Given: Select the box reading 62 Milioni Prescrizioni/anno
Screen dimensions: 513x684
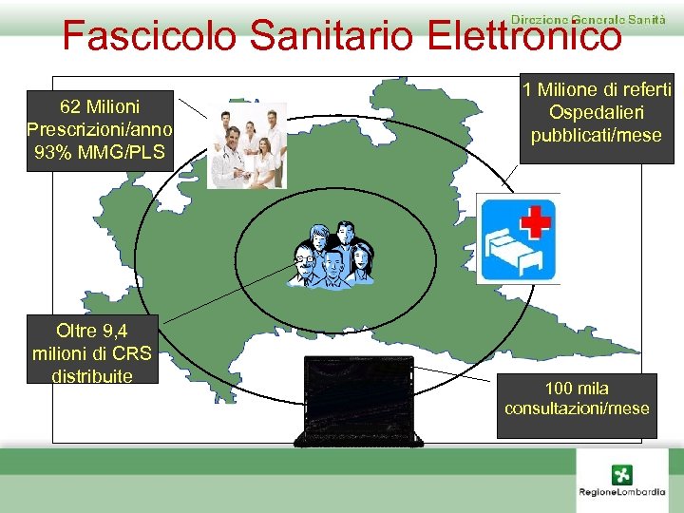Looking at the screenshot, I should pos(99,130).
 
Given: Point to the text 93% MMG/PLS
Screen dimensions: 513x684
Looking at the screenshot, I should pos(99,153).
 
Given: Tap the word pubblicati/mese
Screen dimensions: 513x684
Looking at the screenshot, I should pos(597,136).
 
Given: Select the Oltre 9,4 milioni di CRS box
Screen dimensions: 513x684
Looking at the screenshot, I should pos(92,352).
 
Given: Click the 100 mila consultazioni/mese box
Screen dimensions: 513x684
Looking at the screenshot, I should pos(577,399).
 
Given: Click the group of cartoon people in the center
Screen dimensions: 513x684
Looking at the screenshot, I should pos(330,254).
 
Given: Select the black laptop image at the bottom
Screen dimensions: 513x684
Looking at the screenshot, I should pos(360,400).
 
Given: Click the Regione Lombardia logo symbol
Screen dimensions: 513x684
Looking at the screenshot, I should pos(622,474).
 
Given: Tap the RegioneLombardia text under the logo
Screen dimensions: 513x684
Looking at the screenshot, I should pos(622,492).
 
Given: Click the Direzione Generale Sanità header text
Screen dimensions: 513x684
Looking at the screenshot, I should pos(588,18).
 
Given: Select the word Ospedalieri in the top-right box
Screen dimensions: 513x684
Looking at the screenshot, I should pos(597,113).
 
